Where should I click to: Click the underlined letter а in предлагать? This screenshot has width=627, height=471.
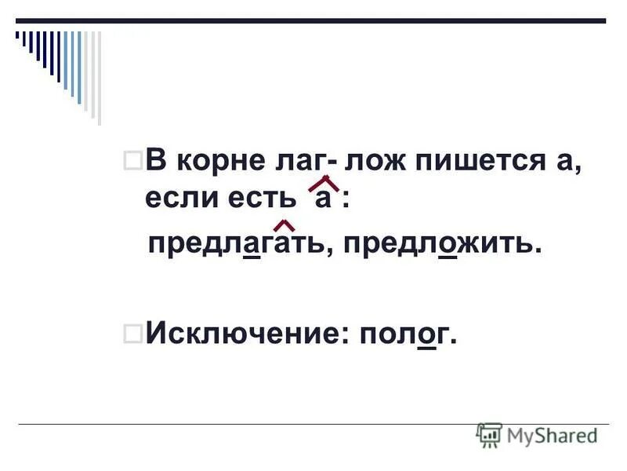[252, 246]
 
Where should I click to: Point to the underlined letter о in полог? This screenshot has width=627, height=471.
[427, 337]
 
